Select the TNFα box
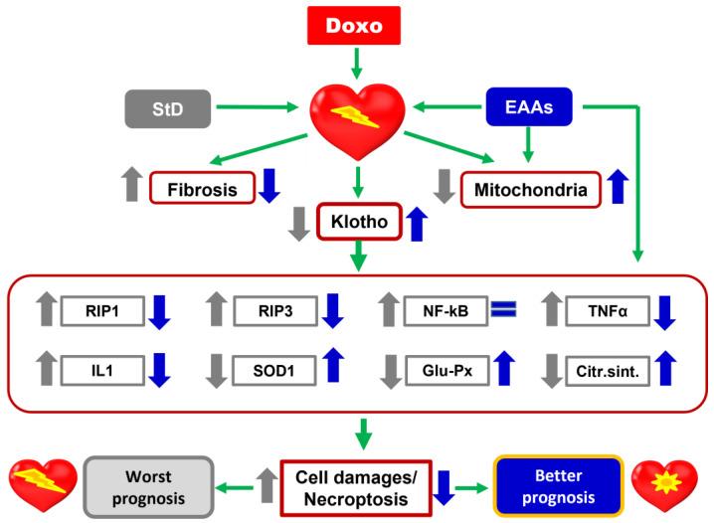point(611,312)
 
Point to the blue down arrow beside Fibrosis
point(269,186)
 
